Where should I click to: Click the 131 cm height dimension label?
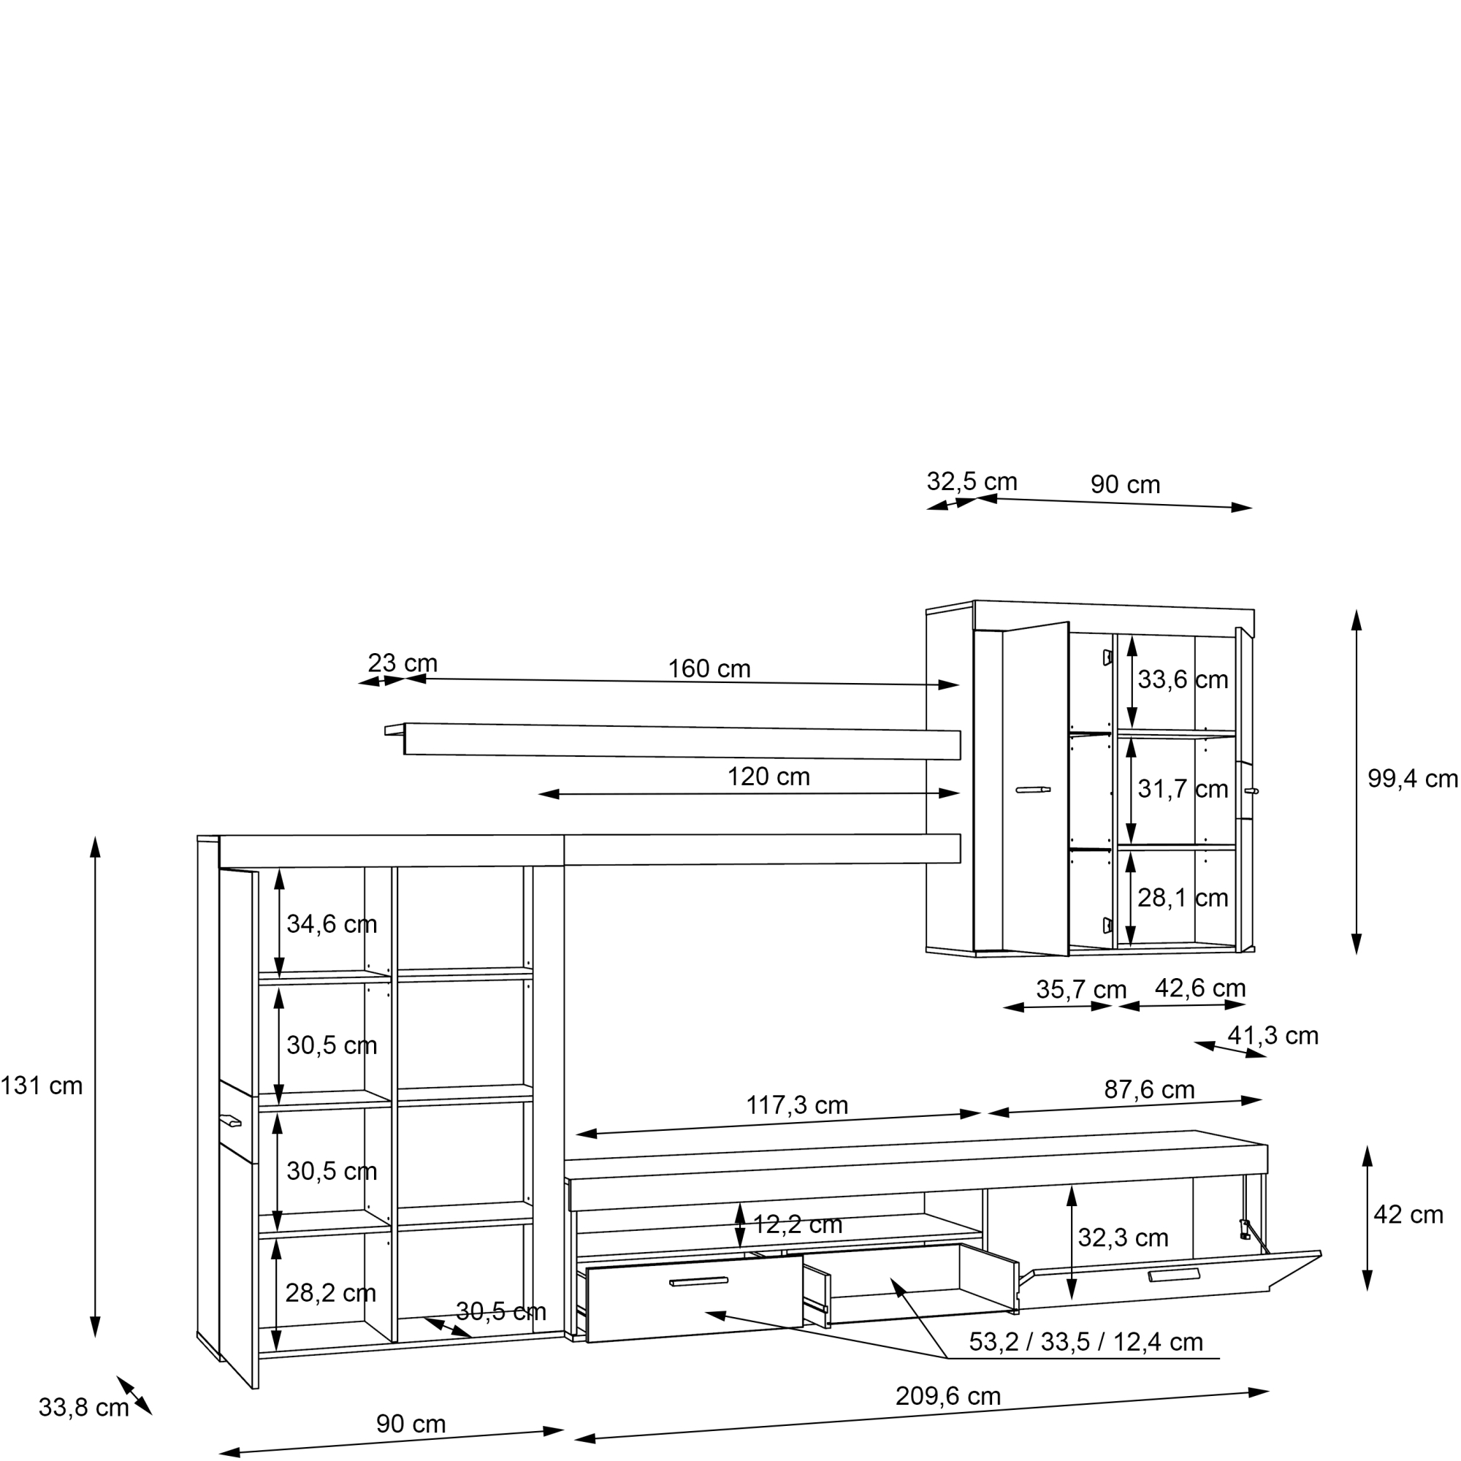tap(42, 1086)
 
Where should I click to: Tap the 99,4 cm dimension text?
tap(1413, 778)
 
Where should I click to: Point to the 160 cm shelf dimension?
tap(709, 668)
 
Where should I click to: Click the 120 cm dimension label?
tap(768, 777)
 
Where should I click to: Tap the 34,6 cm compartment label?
tap(331, 923)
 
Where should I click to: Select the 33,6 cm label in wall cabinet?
tap(1183, 679)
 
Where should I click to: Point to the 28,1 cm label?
tap(1183, 898)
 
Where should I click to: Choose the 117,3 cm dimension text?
tap(797, 1105)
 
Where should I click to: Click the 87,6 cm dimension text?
tap(1149, 1090)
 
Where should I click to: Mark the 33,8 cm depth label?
tap(83, 1408)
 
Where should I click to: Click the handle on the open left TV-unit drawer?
tap(699, 1281)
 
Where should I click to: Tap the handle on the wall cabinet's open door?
tap(1033, 790)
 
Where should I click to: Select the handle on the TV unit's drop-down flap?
tap(1174, 1275)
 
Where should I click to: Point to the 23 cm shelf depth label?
tap(403, 663)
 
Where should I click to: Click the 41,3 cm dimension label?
tap(1273, 1035)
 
